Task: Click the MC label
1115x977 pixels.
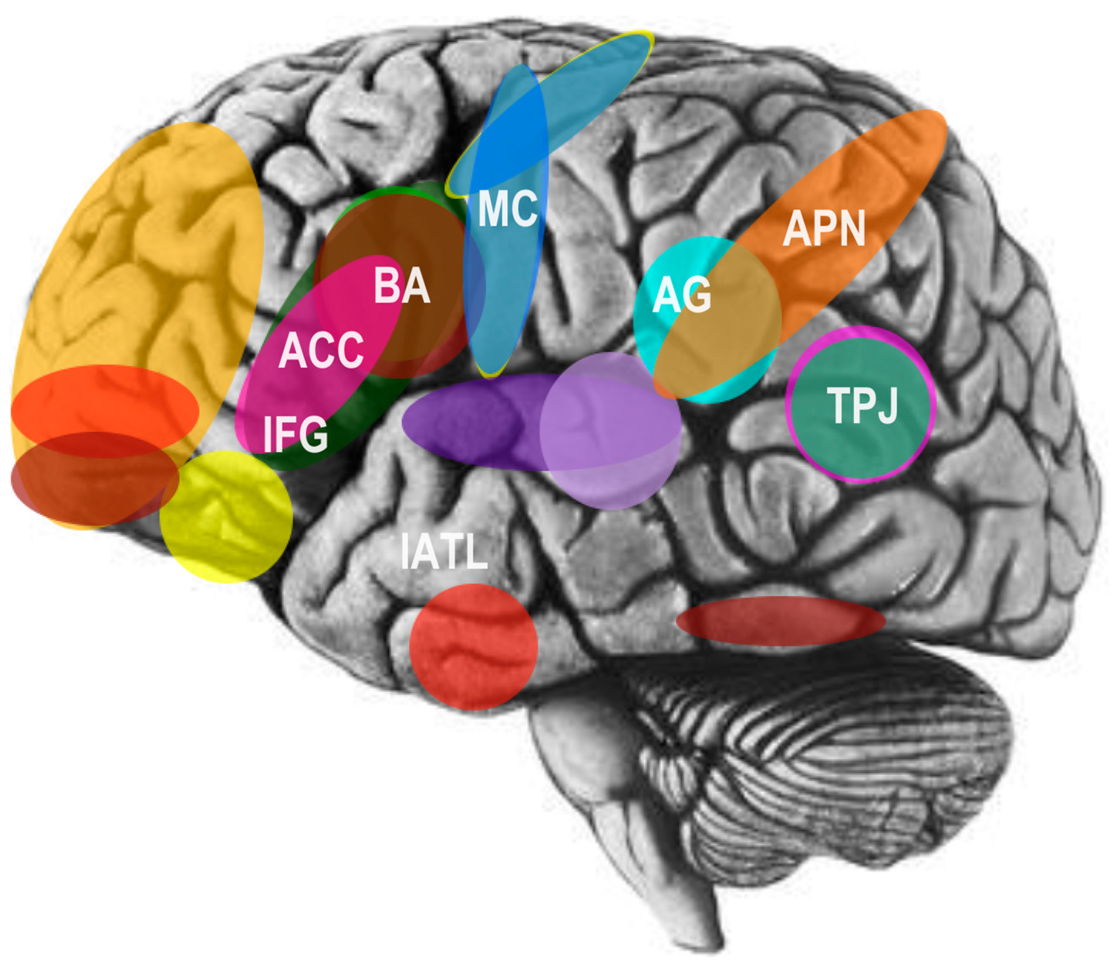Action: pyautogui.click(x=508, y=209)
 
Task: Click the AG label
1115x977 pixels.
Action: pyautogui.click(x=681, y=295)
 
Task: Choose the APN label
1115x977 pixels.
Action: pyautogui.click(x=823, y=228)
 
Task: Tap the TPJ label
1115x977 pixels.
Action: pyautogui.click(x=862, y=405)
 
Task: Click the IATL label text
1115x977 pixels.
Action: pyautogui.click(x=443, y=552)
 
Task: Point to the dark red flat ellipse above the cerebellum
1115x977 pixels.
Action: pyautogui.click(x=780, y=622)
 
